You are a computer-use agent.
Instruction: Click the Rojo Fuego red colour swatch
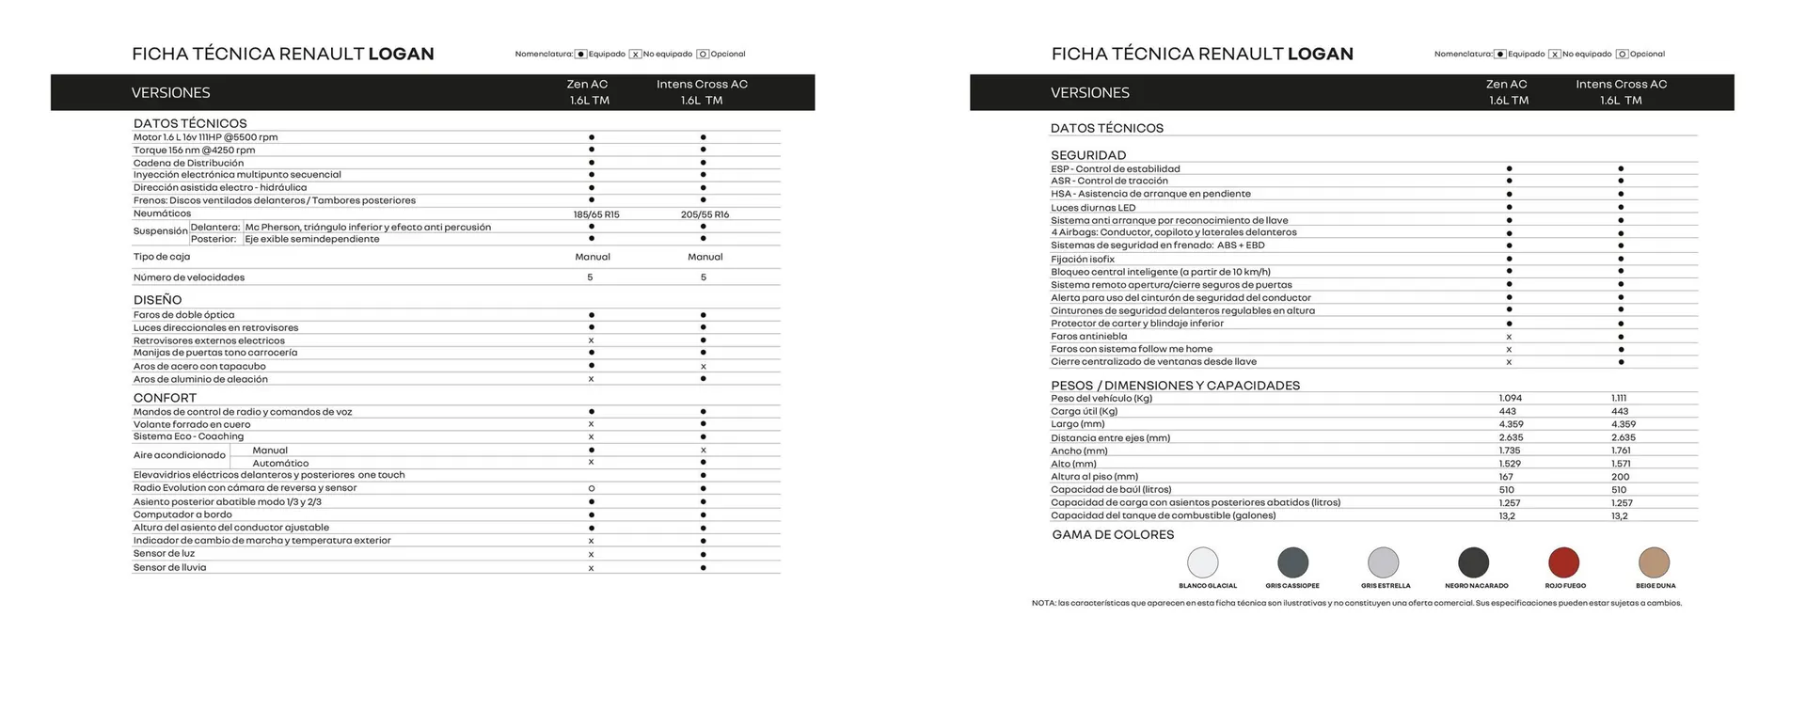click(x=1563, y=562)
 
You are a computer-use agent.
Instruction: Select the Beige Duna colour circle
click(x=1654, y=562)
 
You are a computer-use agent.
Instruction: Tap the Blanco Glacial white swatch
click(x=1202, y=562)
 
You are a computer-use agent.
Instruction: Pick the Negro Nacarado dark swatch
click(x=1473, y=562)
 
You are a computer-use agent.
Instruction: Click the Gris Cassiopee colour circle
click(x=1292, y=562)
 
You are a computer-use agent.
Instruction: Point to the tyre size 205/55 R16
click(x=705, y=214)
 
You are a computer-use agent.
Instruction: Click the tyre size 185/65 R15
click(x=596, y=214)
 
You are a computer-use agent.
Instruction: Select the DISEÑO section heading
click(x=157, y=300)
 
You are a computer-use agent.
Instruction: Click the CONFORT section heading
click(x=165, y=398)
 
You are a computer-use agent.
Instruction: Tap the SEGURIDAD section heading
click(x=1087, y=155)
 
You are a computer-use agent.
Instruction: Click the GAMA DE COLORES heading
click(x=1112, y=534)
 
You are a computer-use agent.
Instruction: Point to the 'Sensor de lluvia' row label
click(x=169, y=567)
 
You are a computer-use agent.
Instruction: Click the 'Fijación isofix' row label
click(x=1082, y=259)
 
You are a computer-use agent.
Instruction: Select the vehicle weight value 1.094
click(x=1510, y=398)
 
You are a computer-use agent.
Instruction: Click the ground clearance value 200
click(x=1620, y=477)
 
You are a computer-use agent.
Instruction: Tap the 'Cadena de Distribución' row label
click(x=188, y=163)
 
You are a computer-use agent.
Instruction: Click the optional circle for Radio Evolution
click(x=591, y=488)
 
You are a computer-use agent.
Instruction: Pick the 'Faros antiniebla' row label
click(x=1088, y=336)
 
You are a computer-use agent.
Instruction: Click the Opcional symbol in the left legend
click(x=703, y=55)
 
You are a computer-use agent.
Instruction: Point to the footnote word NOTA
click(x=1043, y=603)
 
